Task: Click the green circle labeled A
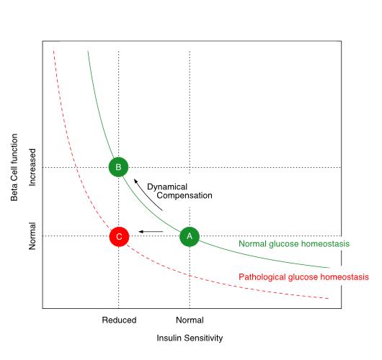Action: (189, 235)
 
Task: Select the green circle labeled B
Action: (118, 167)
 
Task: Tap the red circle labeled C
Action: (119, 235)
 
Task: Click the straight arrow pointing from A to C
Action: (151, 231)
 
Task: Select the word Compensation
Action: (185, 195)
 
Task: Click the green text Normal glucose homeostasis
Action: (294, 244)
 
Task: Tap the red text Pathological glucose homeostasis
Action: (303, 277)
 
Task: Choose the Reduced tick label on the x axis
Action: (119, 320)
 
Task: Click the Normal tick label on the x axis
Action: (190, 320)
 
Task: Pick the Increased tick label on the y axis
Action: (32, 168)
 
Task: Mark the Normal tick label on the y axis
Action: (32, 236)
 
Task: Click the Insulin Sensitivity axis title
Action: (190, 338)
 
